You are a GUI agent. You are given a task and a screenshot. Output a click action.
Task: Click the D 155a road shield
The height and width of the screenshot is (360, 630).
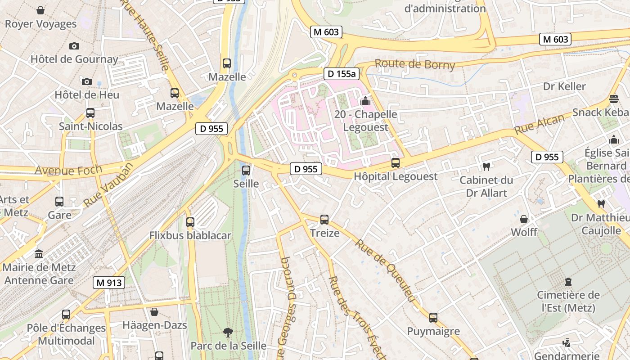point(341,74)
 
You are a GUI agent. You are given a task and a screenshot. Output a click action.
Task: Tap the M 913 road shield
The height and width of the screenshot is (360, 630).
point(108,283)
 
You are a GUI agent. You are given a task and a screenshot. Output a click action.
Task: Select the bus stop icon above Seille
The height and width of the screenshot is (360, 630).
point(246,171)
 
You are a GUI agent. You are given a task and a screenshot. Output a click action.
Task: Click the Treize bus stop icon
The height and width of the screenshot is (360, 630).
point(324,220)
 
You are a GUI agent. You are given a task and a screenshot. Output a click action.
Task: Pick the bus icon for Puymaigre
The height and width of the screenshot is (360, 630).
point(433,318)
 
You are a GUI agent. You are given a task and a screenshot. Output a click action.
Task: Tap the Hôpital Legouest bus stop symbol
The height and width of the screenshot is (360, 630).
point(395,163)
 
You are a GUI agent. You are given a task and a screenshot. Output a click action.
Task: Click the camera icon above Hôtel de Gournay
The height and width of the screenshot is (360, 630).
point(74,46)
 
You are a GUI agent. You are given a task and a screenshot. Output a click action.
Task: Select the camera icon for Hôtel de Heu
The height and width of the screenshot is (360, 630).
point(87,81)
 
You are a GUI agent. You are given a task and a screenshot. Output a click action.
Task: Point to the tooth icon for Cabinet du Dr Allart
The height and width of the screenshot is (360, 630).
point(486,167)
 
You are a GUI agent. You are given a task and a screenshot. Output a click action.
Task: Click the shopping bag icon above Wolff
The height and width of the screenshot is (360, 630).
point(524,219)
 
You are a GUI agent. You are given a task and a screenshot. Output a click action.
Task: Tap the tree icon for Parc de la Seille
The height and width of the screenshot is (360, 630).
point(228,333)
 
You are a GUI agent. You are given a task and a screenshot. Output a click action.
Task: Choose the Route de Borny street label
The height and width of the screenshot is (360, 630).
point(415,64)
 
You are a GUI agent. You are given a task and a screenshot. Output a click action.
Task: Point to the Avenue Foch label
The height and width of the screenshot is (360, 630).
point(68,171)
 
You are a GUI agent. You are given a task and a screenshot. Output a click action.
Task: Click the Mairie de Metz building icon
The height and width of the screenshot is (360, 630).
point(39,254)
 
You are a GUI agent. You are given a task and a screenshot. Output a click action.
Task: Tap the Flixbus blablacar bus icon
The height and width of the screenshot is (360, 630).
point(190,222)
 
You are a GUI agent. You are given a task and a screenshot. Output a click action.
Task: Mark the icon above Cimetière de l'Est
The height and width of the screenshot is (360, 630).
point(568,282)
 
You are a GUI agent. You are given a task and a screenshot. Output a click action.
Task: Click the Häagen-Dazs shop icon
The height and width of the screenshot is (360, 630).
point(154,312)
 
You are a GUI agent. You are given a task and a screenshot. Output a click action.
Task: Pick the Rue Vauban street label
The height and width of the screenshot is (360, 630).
point(108,185)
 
